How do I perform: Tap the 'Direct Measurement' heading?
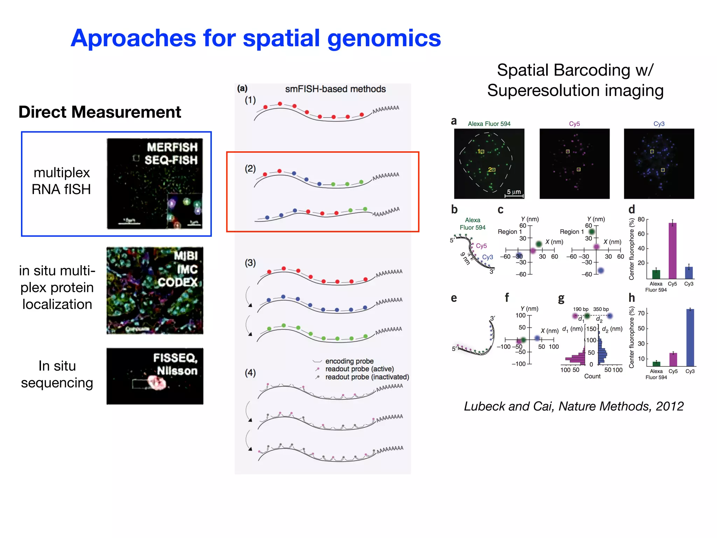(x=100, y=112)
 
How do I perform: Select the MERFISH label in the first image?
(x=172, y=147)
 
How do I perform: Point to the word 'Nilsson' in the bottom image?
(x=177, y=371)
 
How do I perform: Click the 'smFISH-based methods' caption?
(x=335, y=89)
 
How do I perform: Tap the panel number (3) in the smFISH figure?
(x=250, y=263)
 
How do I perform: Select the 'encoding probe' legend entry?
(x=349, y=361)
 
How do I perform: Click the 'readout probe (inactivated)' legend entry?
(x=367, y=377)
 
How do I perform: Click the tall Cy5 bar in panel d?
(x=672, y=250)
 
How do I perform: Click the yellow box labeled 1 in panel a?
(x=482, y=152)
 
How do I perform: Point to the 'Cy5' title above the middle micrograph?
(x=574, y=124)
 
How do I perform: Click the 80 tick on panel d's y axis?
(x=641, y=219)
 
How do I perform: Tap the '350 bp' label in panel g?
(x=601, y=309)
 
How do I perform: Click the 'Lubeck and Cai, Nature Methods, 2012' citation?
(x=573, y=406)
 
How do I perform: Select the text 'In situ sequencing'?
(x=57, y=374)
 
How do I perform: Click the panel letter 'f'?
(x=507, y=298)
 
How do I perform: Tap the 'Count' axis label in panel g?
(x=592, y=376)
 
